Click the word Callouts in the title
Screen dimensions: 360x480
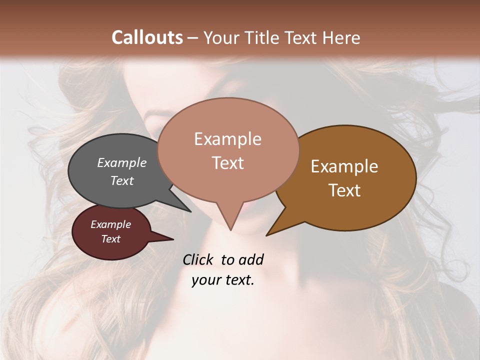tap(147, 37)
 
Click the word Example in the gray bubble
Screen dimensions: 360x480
tap(121, 162)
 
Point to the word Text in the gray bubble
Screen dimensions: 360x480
tap(121, 180)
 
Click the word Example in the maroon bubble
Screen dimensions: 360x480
tap(110, 224)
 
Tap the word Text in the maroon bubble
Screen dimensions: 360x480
tap(110, 239)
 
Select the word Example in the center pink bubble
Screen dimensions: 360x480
tap(227, 139)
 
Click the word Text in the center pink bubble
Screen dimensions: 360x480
tap(227, 163)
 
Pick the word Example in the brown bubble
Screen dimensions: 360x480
tap(344, 166)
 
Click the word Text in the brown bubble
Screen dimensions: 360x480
tap(344, 190)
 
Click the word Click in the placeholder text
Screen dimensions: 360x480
tap(199, 259)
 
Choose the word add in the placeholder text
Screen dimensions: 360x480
tap(250, 259)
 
